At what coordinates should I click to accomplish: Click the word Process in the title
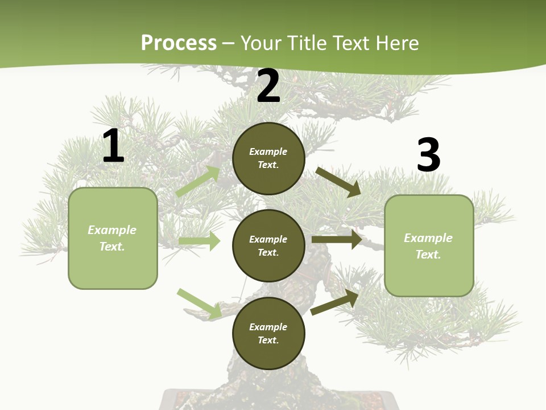[x=179, y=43]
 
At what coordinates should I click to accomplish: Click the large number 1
[x=113, y=146]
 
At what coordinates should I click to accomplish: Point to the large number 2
[x=268, y=86]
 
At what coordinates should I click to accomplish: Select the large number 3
[x=429, y=155]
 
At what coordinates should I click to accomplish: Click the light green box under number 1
[x=113, y=238]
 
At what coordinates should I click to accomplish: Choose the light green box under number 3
[x=429, y=245]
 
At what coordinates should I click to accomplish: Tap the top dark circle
[x=268, y=158]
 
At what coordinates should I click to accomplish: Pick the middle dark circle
[x=268, y=245]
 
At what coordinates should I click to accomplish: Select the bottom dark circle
[x=268, y=333]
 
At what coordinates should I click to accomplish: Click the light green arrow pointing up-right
[x=198, y=182]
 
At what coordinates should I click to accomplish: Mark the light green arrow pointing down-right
[x=200, y=304]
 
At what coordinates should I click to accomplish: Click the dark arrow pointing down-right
[x=338, y=182]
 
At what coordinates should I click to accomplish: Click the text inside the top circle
[x=268, y=158]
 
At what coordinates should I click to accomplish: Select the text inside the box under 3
[x=428, y=246]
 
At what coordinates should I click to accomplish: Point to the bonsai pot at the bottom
[x=279, y=400]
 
